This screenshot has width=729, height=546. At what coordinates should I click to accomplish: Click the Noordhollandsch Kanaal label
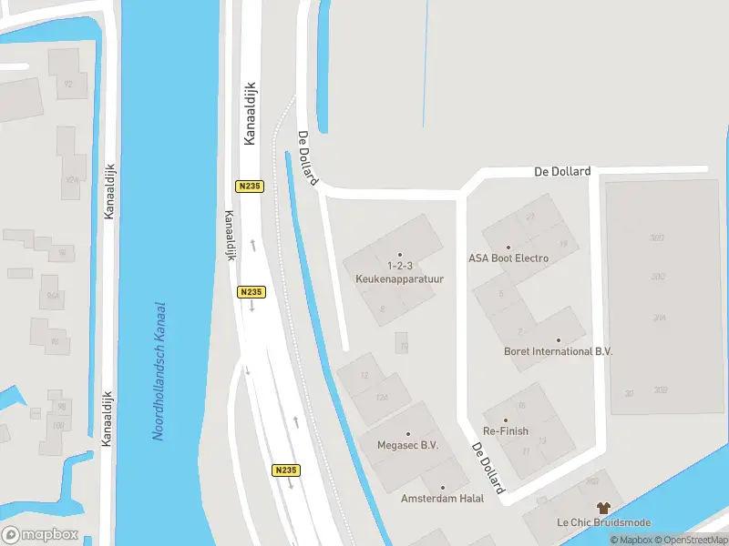pyautogui.click(x=159, y=371)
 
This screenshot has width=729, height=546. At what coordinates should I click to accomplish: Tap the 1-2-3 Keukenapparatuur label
pyautogui.click(x=399, y=274)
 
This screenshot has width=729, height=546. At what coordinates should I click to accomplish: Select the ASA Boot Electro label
pyautogui.click(x=508, y=258)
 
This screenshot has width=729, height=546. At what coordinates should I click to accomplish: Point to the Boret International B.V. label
pyautogui.click(x=559, y=351)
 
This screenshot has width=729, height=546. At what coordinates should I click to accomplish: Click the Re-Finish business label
pyautogui.click(x=507, y=430)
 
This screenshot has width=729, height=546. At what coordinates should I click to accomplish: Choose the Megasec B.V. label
pyautogui.click(x=408, y=446)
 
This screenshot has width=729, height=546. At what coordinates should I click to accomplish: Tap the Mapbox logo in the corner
pyautogui.click(x=40, y=535)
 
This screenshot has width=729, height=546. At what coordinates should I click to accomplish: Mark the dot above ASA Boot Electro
pyautogui.click(x=508, y=247)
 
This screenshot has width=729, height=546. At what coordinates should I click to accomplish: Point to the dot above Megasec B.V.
pyautogui.click(x=408, y=434)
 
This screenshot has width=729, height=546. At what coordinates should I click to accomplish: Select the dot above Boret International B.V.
pyautogui.click(x=559, y=339)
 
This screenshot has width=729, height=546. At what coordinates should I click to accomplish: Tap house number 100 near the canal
pyautogui.click(x=59, y=425)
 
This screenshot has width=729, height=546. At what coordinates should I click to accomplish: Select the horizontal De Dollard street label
pyautogui.click(x=562, y=171)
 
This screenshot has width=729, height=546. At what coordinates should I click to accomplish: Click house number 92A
pyautogui.click(x=70, y=180)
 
